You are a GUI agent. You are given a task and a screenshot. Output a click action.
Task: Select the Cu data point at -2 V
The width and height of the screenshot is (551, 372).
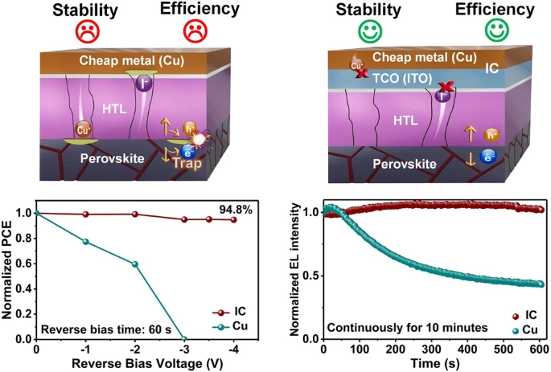(134, 264)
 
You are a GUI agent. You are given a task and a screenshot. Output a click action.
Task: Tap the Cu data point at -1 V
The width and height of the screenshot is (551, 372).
(85, 241)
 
